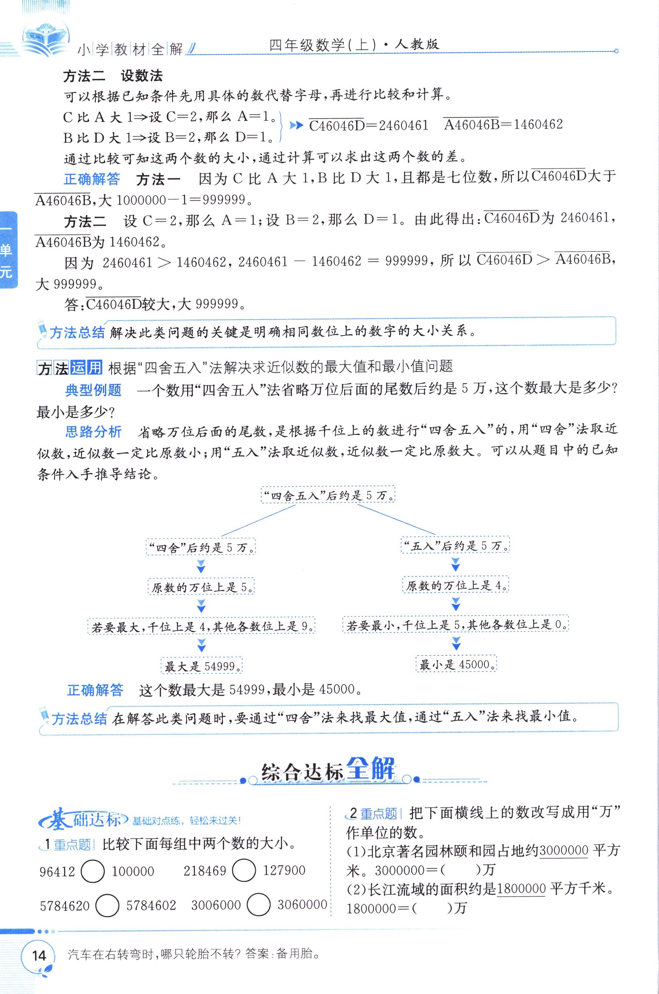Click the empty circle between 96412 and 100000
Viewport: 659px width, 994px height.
click(92, 871)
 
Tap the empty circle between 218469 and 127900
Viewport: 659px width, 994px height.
click(244, 870)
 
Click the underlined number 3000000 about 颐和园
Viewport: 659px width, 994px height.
click(564, 850)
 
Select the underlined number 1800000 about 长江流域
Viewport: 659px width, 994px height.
click(521, 889)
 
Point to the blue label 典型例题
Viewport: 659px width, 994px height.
click(93, 390)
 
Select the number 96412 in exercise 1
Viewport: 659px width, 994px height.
click(57, 872)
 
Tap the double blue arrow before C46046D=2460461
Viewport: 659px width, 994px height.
click(296, 125)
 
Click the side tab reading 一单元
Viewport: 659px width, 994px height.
click(8, 250)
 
